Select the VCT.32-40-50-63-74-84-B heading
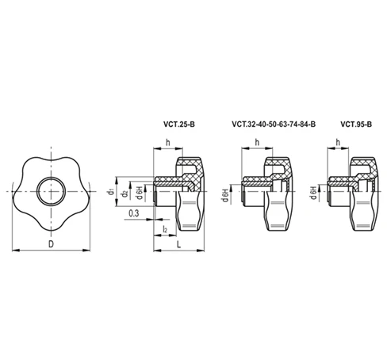[273, 124]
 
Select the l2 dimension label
[164, 229]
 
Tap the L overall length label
[180, 245]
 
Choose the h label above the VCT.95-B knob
[339, 143]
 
